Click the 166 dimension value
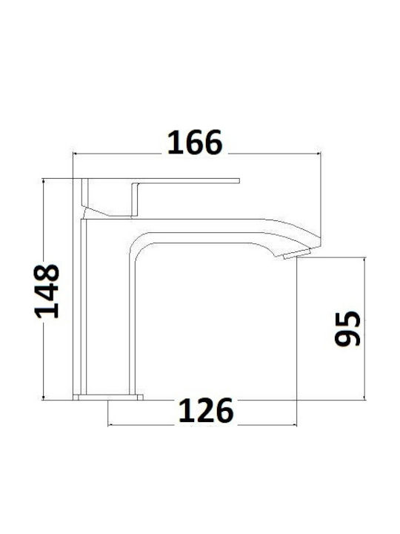(x=195, y=142)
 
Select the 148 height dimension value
(x=47, y=291)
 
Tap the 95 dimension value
(x=347, y=329)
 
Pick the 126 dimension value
(x=206, y=411)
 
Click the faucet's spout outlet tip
(x=297, y=254)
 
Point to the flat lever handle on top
(x=160, y=180)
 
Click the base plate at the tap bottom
(x=108, y=397)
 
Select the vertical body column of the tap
(x=80, y=306)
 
